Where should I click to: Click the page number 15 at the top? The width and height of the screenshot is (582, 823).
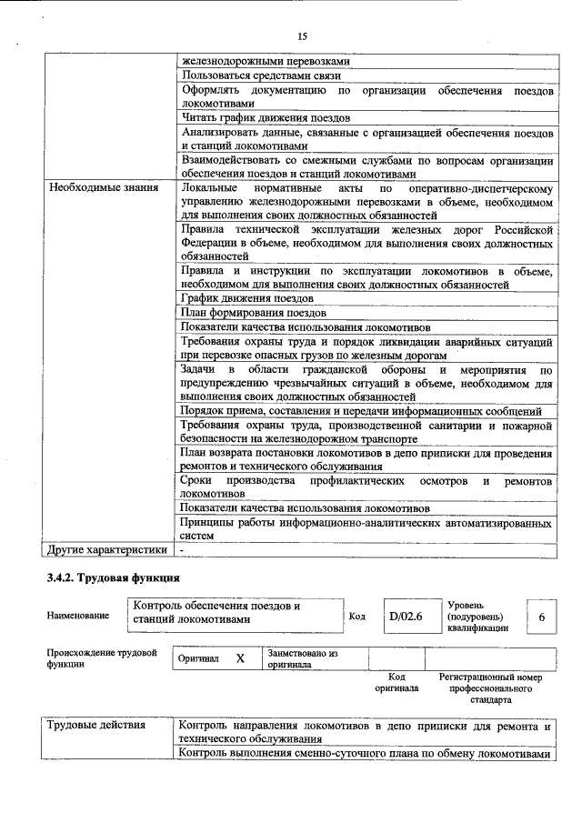(302, 35)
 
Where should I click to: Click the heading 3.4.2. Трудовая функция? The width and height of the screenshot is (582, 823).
(114, 577)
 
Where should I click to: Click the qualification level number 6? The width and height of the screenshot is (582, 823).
(542, 617)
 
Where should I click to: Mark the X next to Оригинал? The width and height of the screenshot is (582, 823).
(240, 657)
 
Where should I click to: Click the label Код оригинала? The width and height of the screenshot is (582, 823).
(396, 682)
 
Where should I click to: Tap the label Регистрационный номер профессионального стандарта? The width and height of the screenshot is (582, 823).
(490, 688)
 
